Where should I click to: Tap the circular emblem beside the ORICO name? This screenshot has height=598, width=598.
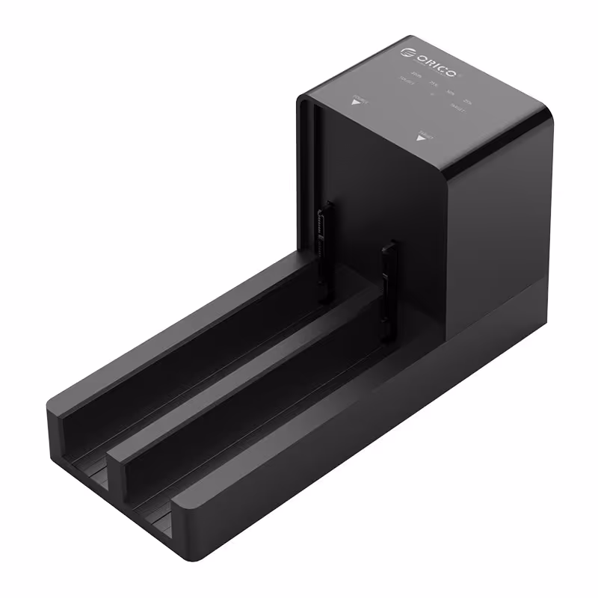(407, 52)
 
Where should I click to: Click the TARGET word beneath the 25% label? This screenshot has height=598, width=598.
(459, 108)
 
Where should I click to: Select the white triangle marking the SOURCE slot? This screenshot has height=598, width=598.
(356, 105)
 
